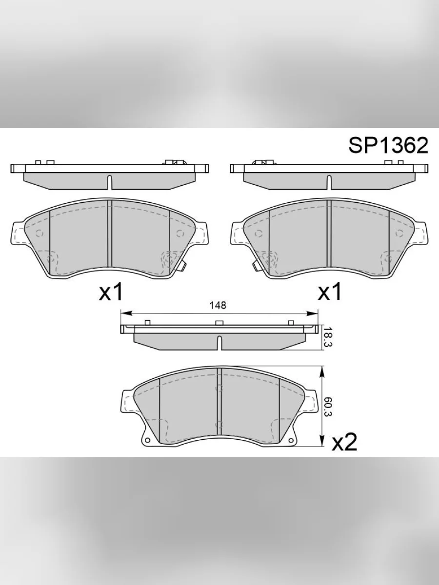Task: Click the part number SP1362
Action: point(388,145)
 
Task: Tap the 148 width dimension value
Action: point(218,305)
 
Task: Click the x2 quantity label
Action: point(344,442)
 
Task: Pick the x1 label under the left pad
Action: point(111,292)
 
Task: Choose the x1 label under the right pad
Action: point(330,292)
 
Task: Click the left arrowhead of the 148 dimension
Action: point(126,313)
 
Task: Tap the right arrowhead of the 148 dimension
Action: point(312,313)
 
